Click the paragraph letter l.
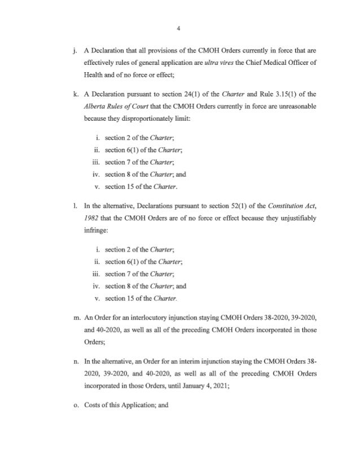pyautogui.click(x=76, y=226)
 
